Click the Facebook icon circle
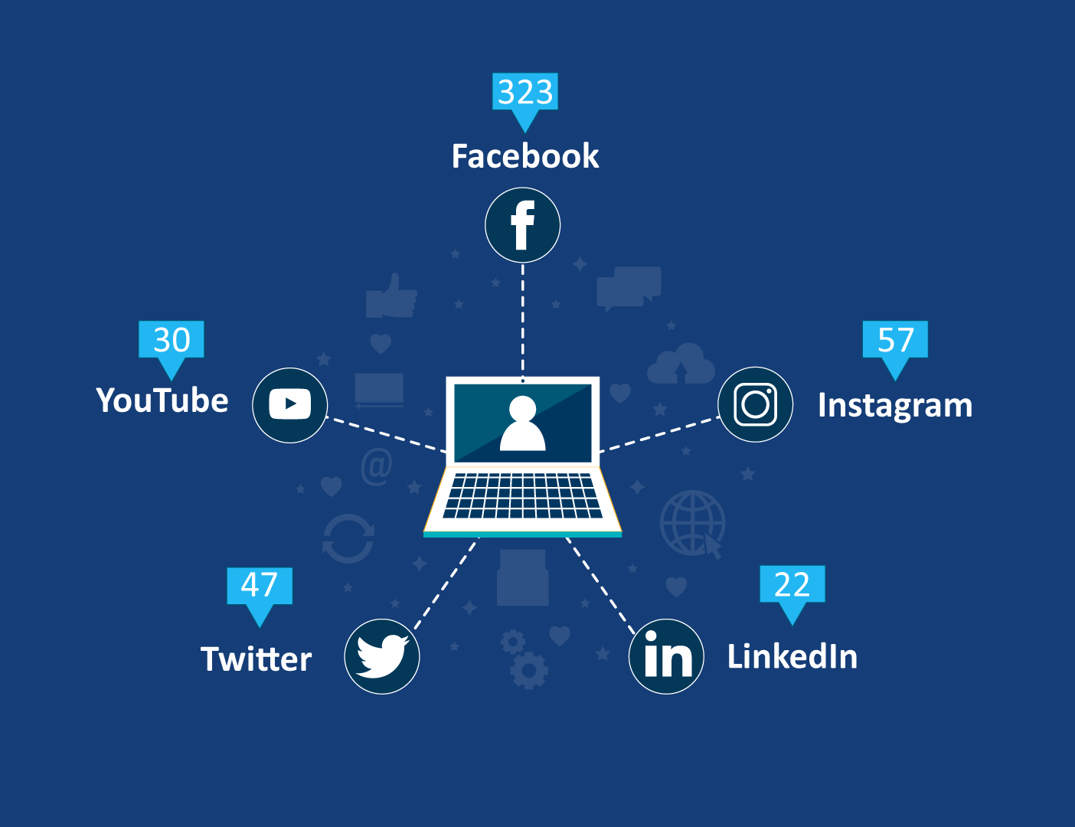[x=522, y=225]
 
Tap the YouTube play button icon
[x=290, y=404]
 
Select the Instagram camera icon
[x=755, y=404]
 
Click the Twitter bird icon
[x=382, y=656]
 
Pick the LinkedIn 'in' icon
[x=666, y=656]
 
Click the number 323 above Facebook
[x=525, y=93]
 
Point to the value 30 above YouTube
[x=172, y=340]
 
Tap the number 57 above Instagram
[x=895, y=340]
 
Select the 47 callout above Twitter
[x=260, y=586]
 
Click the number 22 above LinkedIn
[x=792, y=585]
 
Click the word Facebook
[x=525, y=156]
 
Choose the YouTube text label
[x=162, y=400]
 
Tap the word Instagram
[x=895, y=405]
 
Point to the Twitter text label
[x=256, y=659]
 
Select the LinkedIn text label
[x=792, y=656]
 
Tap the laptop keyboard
[x=522, y=495]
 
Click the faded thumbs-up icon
[x=391, y=296]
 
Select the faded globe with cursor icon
[x=692, y=524]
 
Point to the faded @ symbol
[x=376, y=466]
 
